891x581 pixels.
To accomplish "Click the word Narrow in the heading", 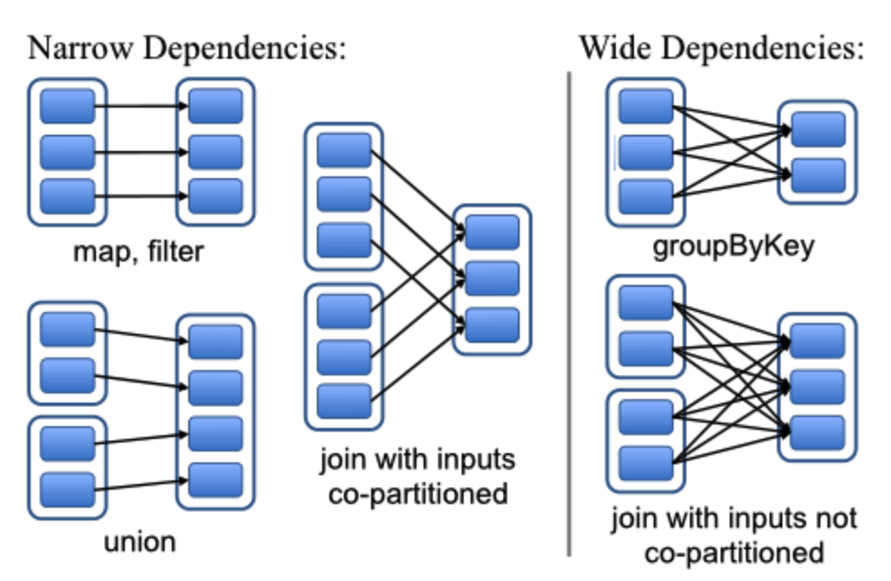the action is coord(80,48).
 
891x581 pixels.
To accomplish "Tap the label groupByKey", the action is coord(733,248).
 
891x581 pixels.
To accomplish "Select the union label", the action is coord(139,542).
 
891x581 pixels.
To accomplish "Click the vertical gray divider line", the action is coord(569,314).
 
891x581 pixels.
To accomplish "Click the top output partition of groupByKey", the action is coord(819,129).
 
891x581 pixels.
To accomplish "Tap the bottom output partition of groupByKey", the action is coord(819,176).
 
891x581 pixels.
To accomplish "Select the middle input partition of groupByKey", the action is coord(647,152).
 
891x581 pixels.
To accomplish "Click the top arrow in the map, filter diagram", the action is coord(141,106).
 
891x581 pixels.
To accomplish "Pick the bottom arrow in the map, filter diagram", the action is coord(141,196).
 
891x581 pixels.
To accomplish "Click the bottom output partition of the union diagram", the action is coord(216,481).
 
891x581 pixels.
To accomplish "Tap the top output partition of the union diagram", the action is coord(216,341).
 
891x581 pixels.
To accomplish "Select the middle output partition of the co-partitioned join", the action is coord(492,279).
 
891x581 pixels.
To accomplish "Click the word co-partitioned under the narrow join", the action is coord(418,494).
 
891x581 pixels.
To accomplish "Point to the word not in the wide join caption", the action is coord(838,518).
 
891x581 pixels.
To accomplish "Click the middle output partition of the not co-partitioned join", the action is coord(818,386).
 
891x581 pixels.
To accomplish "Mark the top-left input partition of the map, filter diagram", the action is coord(68,106).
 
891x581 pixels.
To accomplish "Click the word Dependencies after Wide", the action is coord(763,48).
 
